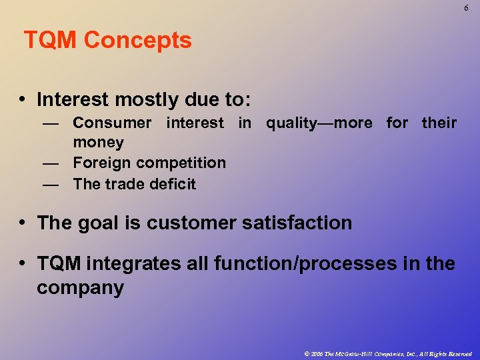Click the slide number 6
[467, 8]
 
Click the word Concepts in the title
[138, 41]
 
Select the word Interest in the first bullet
[73, 100]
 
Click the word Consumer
[112, 123]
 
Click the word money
[98, 142]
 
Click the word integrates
[125, 264]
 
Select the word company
[80, 288]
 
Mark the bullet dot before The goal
[23, 223]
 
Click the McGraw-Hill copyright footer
[387, 353]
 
